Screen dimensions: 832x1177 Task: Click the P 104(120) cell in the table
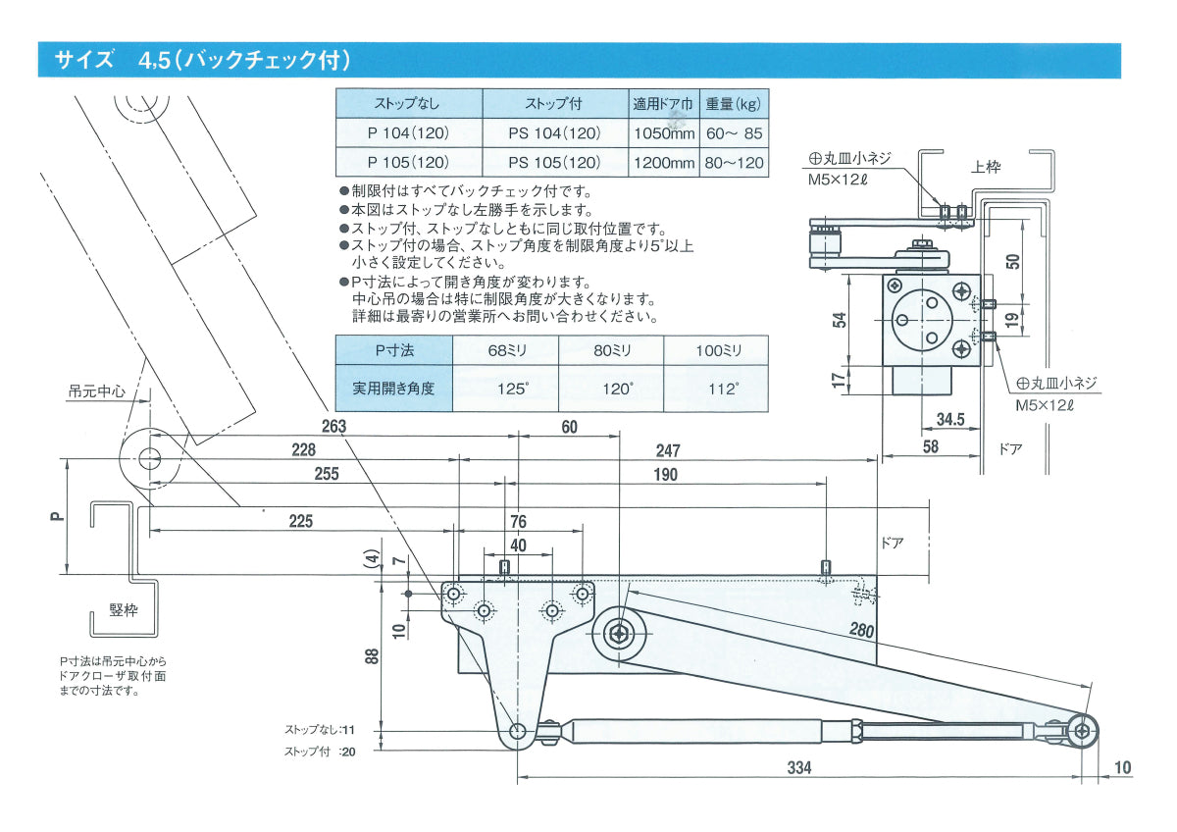click(408, 132)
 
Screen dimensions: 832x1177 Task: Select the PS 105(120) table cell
click(554, 162)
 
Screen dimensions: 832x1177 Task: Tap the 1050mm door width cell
click(664, 132)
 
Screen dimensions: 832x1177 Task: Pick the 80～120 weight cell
click(734, 162)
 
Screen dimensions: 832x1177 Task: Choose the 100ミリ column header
click(717, 350)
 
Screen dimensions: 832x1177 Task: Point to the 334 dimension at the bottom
click(799, 768)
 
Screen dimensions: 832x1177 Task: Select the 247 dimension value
click(667, 450)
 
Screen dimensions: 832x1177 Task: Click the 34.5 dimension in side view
click(949, 420)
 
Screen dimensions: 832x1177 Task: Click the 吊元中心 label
click(98, 390)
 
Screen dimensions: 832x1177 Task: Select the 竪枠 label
click(123, 610)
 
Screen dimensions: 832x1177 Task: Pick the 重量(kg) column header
click(734, 103)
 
